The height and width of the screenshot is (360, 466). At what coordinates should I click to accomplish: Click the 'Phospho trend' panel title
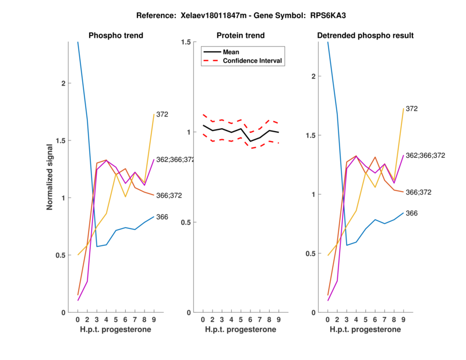pos(115,36)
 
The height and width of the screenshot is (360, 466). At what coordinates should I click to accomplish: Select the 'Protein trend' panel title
pos(241,36)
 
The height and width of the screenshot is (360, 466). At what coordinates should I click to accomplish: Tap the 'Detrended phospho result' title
pos(365,36)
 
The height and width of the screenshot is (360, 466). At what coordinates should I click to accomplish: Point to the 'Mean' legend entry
pos(231,52)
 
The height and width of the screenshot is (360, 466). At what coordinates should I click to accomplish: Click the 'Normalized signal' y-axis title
pos(50,178)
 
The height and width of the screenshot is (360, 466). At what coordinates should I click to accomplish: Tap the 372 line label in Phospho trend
pos(162,114)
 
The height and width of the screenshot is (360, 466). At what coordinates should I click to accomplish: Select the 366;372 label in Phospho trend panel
pos(169,196)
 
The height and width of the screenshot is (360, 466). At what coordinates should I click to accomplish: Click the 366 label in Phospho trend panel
pos(162,217)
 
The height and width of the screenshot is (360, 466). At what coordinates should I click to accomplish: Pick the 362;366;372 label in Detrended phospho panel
pos(425,156)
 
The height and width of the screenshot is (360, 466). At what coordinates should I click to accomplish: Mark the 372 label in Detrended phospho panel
pos(412,108)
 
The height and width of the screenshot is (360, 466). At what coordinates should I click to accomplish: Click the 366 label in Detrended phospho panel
pos(412,213)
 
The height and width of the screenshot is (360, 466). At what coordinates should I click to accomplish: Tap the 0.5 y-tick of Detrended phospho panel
pos(315,253)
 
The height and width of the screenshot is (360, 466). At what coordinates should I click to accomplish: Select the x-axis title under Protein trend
pos(241,330)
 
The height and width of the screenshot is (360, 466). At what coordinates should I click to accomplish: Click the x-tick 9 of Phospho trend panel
pos(154,319)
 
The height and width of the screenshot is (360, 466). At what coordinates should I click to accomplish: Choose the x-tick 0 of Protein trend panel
pos(203,319)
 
